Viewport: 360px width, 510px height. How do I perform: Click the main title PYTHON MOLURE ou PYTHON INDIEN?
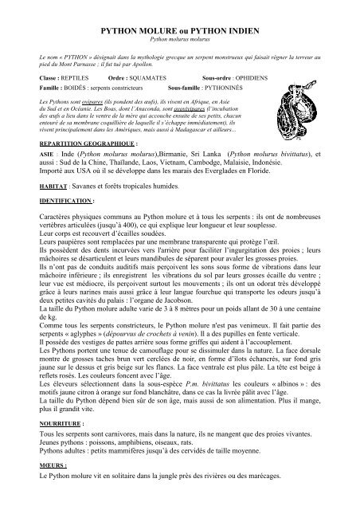click(179, 27)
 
